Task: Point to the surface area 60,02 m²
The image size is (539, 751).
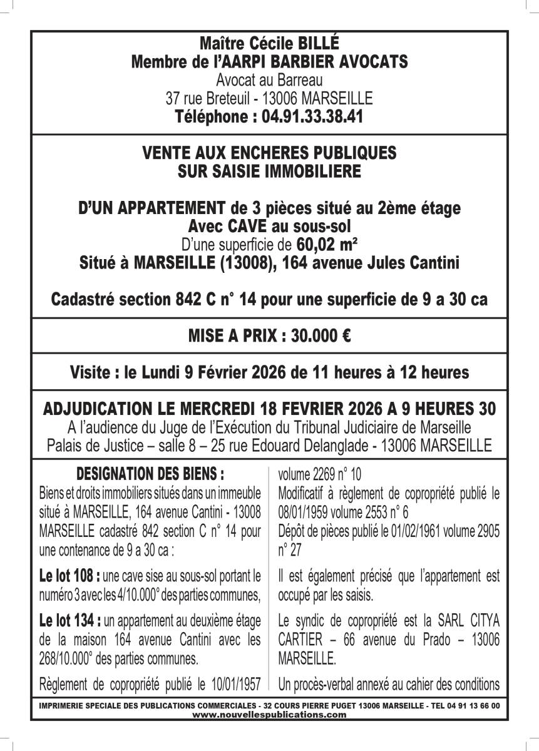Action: click(332, 243)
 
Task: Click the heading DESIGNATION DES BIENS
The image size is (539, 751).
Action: click(150, 472)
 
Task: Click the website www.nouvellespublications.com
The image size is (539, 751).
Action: click(269, 714)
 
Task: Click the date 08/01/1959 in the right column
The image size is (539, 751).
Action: click(308, 510)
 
